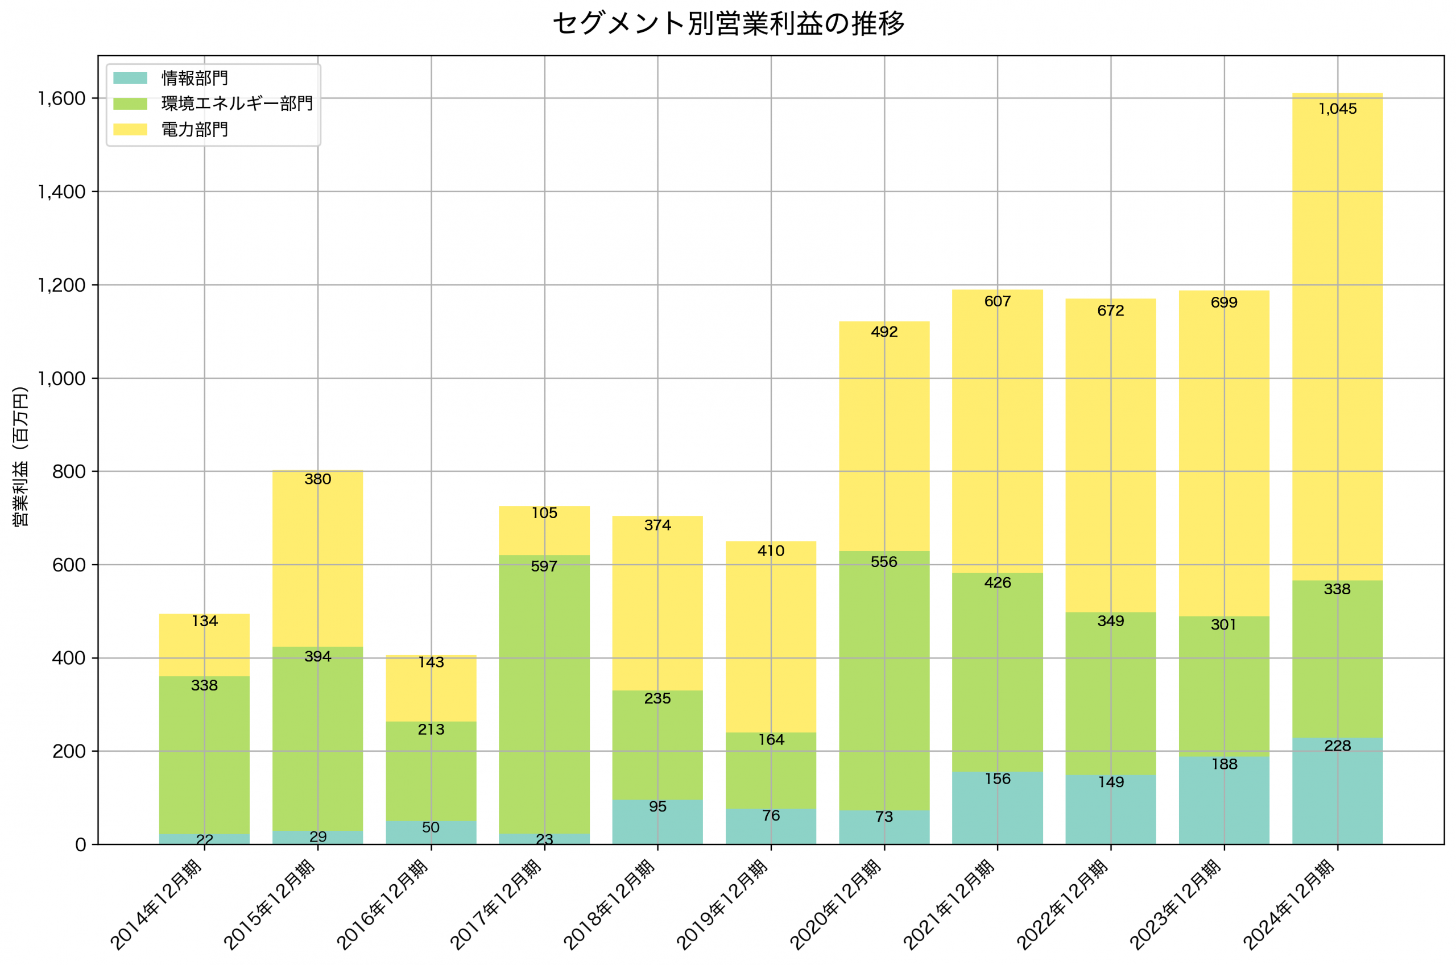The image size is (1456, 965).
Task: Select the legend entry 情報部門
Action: tap(195, 78)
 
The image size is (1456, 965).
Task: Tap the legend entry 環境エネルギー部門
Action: tap(237, 103)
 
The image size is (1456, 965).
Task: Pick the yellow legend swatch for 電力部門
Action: tap(130, 129)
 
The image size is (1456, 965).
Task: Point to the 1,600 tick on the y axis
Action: tap(61, 98)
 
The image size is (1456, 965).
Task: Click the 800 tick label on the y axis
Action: tap(68, 472)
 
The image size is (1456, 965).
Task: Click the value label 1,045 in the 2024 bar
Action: tap(1337, 109)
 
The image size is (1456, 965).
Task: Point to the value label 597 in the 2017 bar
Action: tap(544, 566)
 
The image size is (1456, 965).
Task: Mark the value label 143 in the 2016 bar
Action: tap(431, 662)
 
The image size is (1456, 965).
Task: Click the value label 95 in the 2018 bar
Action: tap(657, 807)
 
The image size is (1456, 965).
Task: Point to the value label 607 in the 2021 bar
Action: tap(998, 301)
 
